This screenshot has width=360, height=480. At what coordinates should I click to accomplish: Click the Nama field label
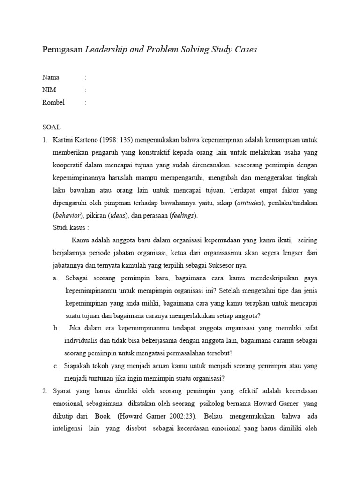(51, 77)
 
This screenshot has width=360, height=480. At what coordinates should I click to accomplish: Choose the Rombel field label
(53, 102)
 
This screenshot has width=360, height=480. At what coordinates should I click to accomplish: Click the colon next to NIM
(85, 90)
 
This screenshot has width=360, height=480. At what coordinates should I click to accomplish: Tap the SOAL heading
(52, 127)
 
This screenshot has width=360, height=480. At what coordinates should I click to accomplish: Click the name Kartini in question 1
(65, 140)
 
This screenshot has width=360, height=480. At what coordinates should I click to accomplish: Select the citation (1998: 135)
(117, 140)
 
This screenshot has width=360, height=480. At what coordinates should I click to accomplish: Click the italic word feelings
(183, 216)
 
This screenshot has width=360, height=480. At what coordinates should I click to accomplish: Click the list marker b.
(56, 328)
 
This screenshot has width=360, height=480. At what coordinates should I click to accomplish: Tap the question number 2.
(45, 391)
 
